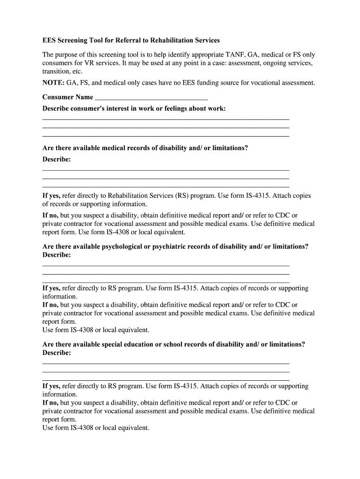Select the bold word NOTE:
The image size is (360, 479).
(53, 83)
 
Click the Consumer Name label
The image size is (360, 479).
(67, 97)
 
